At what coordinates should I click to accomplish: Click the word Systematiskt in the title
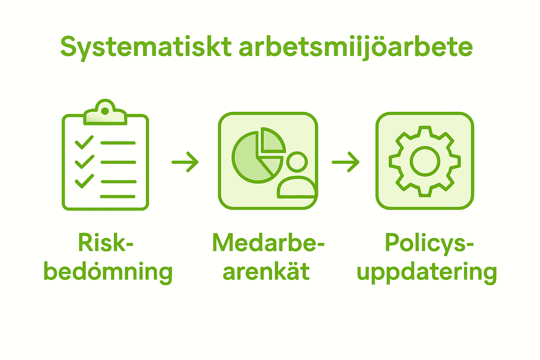(x=146, y=47)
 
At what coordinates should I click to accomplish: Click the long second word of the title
(x=355, y=47)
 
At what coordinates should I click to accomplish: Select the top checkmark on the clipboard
(x=84, y=142)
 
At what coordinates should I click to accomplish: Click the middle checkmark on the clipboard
(x=84, y=162)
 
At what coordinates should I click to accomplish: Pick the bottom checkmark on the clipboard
(x=84, y=181)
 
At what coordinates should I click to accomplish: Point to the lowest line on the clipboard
(x=118, y=197)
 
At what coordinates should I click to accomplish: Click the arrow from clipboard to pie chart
(x=185, y=162)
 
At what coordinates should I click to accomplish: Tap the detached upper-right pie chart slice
(x=271, y=141)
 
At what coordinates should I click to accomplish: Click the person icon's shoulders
(x=296, y=188)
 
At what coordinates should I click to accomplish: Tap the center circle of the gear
(x=425, y=161)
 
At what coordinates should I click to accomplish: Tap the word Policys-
(x=429, y=243)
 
